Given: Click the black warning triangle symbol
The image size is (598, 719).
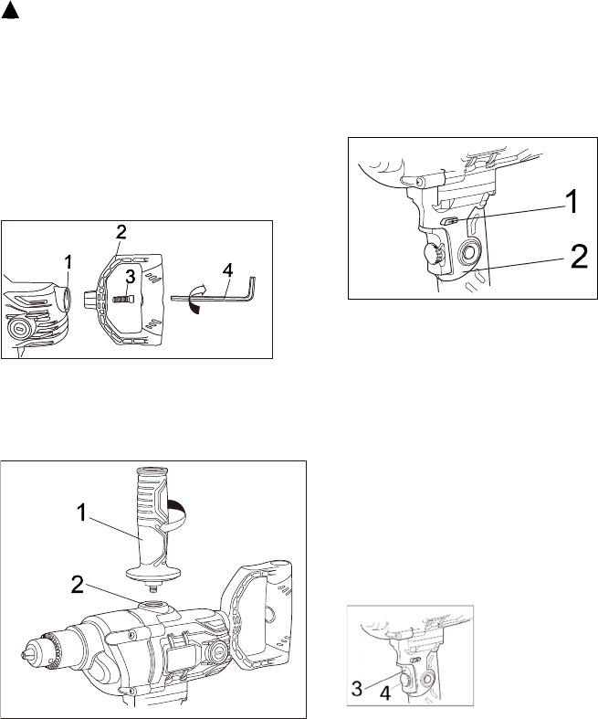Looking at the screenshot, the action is pos(10,13).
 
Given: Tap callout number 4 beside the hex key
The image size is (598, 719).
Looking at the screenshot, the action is pos(227,270).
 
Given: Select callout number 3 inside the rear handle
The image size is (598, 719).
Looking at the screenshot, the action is pos(131,278).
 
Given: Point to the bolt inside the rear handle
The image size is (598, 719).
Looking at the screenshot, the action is pos(123,299).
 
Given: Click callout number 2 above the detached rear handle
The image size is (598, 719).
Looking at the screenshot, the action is pos(121,232).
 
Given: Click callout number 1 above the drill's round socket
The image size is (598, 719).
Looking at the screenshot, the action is pos(68,262).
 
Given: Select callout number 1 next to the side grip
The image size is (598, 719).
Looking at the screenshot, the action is pos(81,513).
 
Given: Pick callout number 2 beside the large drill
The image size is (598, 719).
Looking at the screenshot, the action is pos(78,585).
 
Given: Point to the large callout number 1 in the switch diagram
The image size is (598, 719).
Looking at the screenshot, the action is pos(572,202).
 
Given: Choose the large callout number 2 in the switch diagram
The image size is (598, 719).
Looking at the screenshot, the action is pos(579,257).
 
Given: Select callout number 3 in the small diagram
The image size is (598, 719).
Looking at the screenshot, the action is pos(358,689).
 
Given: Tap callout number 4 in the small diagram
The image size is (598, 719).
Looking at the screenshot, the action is pos(385,693).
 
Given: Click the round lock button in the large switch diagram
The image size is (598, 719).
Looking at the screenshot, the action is pos(469,253).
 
